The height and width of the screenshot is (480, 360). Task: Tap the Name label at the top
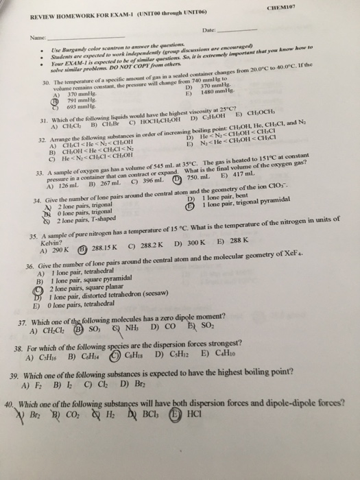click(x=29, y=39)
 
